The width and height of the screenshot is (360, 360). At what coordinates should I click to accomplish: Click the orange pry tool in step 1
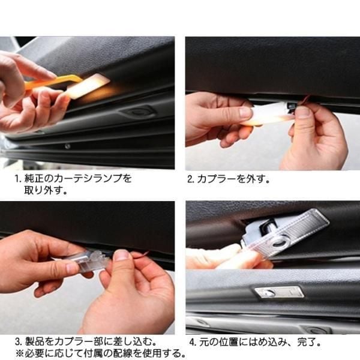click(53, 82)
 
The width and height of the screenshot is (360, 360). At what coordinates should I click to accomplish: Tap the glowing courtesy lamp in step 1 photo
click(88, 86)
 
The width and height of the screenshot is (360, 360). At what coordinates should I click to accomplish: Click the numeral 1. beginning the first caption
click(19, 178)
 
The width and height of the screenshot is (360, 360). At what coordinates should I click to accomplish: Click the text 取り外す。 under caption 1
click(46, 190)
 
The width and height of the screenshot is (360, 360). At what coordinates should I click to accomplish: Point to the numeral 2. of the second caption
click(191, 179)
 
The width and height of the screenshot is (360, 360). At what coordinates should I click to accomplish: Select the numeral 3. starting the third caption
click(19, 341)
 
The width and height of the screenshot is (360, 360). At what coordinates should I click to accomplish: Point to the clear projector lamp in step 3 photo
click(85, 262)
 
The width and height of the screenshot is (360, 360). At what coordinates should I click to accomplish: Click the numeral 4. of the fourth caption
click(193, 343)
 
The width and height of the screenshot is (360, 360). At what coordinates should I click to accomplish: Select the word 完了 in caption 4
click(306, 342)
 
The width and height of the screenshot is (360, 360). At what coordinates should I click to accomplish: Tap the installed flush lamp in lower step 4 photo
click(279, 293)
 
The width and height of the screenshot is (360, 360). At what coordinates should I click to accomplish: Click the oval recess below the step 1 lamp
click(137, 112)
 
